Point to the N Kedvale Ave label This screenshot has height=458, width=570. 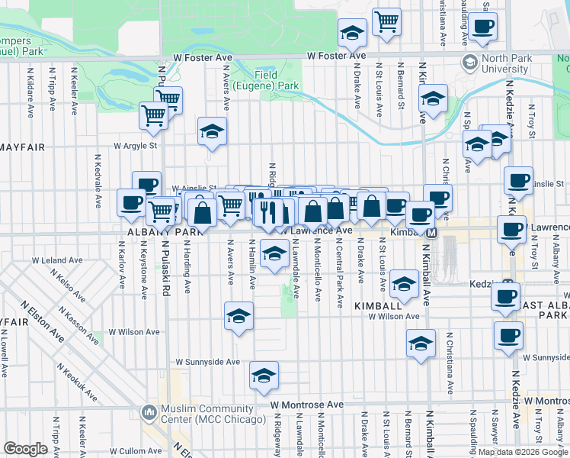[98, 182]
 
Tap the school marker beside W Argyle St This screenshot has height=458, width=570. [212, 131]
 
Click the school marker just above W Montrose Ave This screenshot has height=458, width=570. [264, 376]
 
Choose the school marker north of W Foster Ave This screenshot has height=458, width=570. [351, 32]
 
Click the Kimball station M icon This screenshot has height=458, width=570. [431, 232]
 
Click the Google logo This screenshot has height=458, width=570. [26, 449]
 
